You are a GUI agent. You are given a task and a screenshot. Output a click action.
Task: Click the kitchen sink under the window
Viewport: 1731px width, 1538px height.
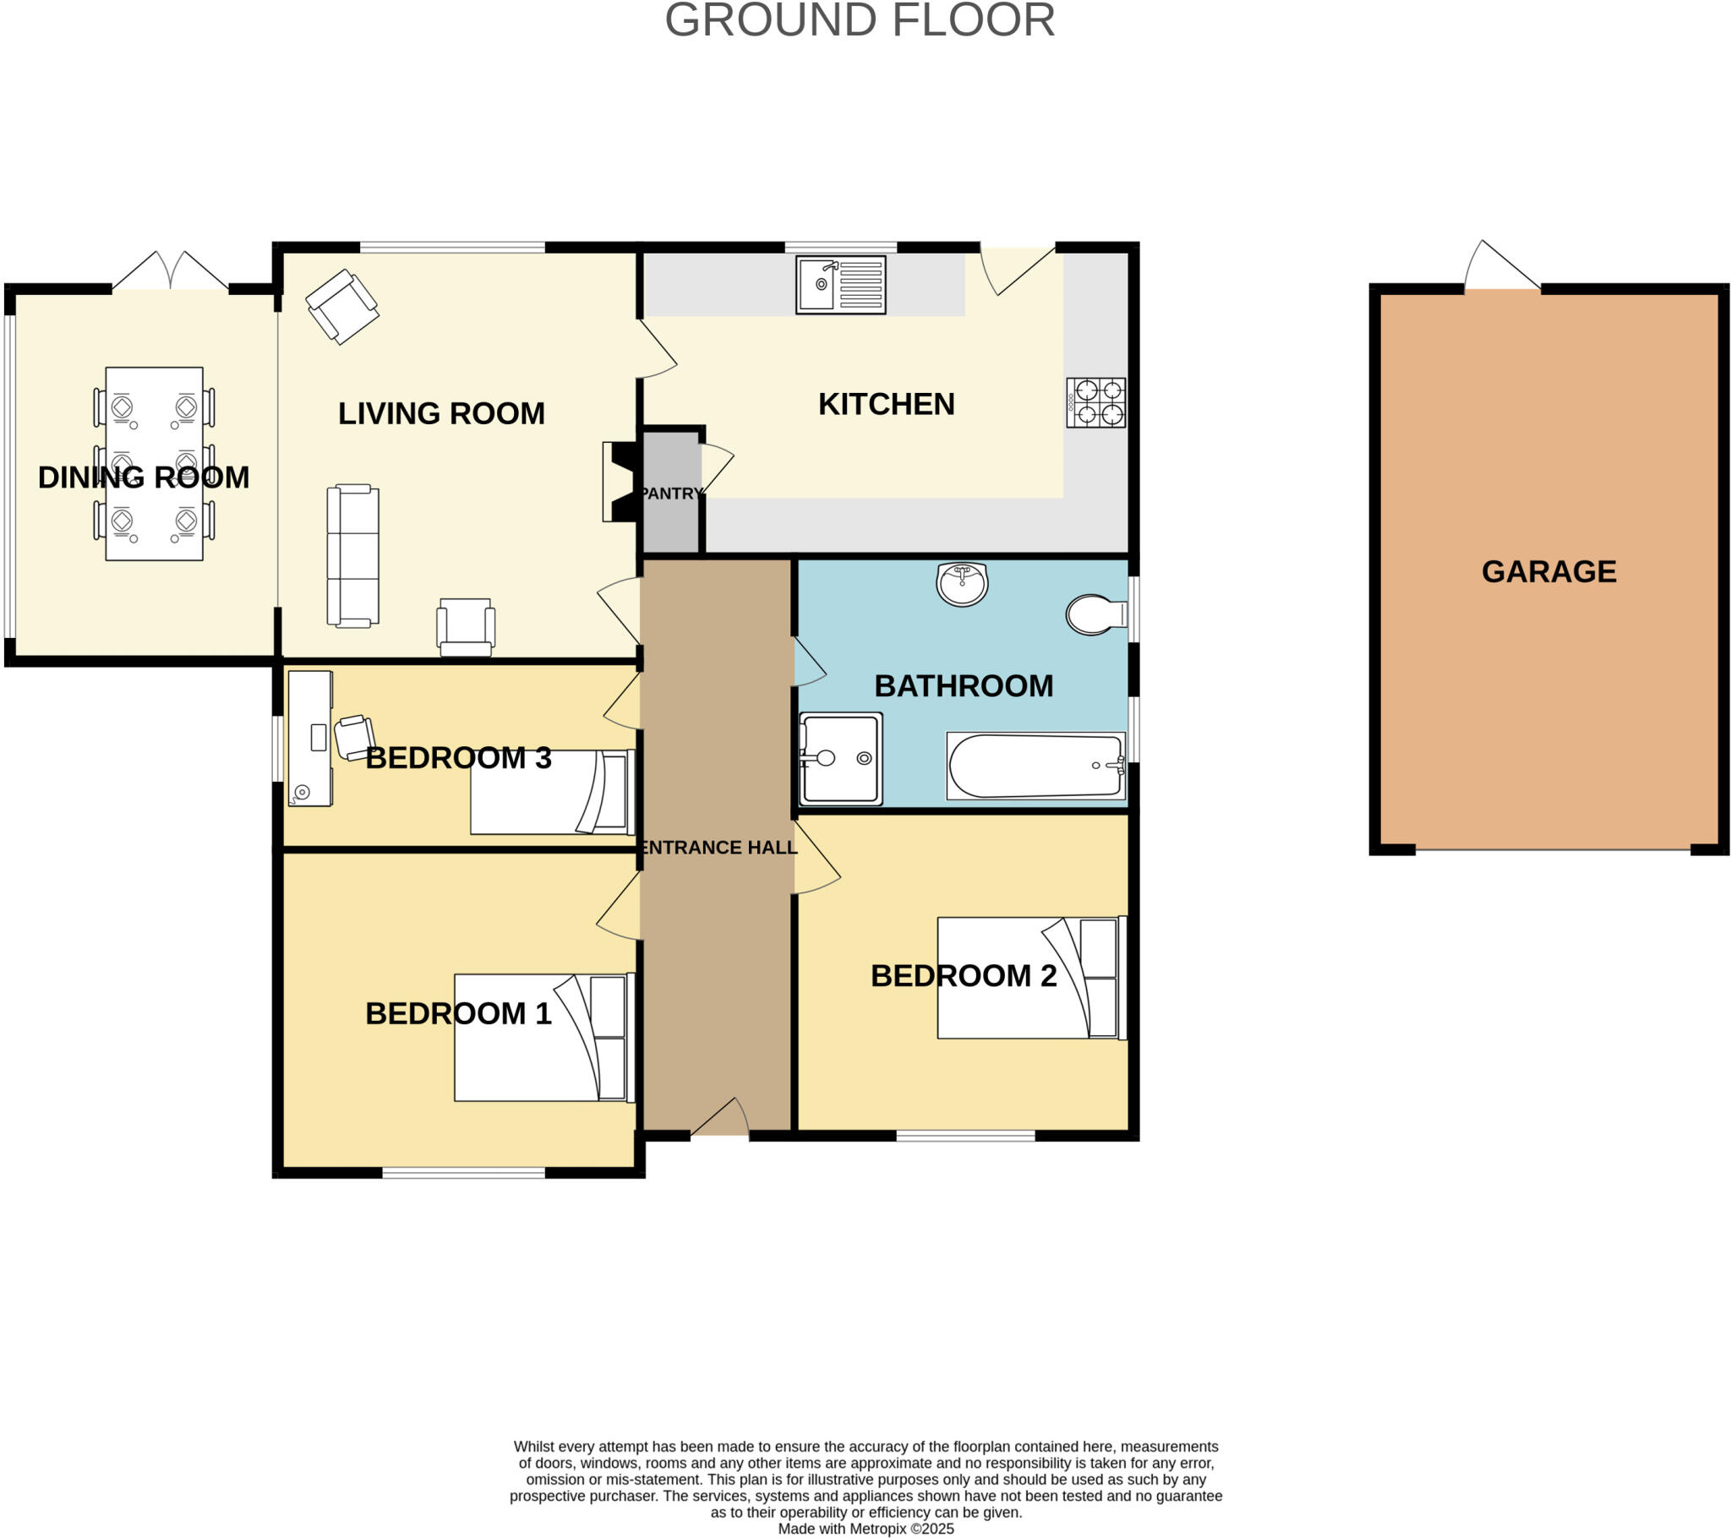tap(840, 286)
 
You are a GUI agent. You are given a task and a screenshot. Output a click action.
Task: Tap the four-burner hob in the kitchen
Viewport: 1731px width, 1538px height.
tap(1096, 402)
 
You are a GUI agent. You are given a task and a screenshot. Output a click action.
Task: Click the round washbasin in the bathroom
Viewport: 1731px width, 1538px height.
tap(962, 584)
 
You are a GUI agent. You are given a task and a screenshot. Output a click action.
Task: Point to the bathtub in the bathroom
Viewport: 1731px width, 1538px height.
tap(1035, 766)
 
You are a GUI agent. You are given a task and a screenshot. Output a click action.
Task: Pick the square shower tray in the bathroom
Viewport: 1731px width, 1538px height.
tap(841, 759)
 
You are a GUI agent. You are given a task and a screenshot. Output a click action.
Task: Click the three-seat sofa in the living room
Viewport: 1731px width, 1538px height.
tap(353, 555)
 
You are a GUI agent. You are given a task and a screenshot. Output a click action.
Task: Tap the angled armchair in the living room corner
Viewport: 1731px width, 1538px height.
tap(342, 306)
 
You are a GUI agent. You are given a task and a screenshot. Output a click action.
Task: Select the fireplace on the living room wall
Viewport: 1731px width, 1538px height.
tap(618, 481)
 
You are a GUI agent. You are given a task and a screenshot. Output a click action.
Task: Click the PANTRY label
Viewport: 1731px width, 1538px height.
tap(671, 493)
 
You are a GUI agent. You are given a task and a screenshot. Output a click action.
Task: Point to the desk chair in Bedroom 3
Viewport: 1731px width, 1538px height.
tap(354, 737)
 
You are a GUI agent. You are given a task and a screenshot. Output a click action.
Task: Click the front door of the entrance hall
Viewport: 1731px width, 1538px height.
tap(720, 1118)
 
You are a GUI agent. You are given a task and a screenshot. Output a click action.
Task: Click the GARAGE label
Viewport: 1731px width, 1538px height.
tap(1549, 571)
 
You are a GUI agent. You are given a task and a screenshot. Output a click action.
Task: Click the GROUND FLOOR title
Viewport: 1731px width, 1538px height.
tap(860, 20)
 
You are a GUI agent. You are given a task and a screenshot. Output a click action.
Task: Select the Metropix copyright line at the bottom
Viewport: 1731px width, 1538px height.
tap(865, 1529)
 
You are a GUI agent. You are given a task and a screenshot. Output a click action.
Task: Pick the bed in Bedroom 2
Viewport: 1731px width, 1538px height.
tap(1029, 979)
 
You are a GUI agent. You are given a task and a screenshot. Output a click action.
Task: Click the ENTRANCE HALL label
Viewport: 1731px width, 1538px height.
tap(718, 847)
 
